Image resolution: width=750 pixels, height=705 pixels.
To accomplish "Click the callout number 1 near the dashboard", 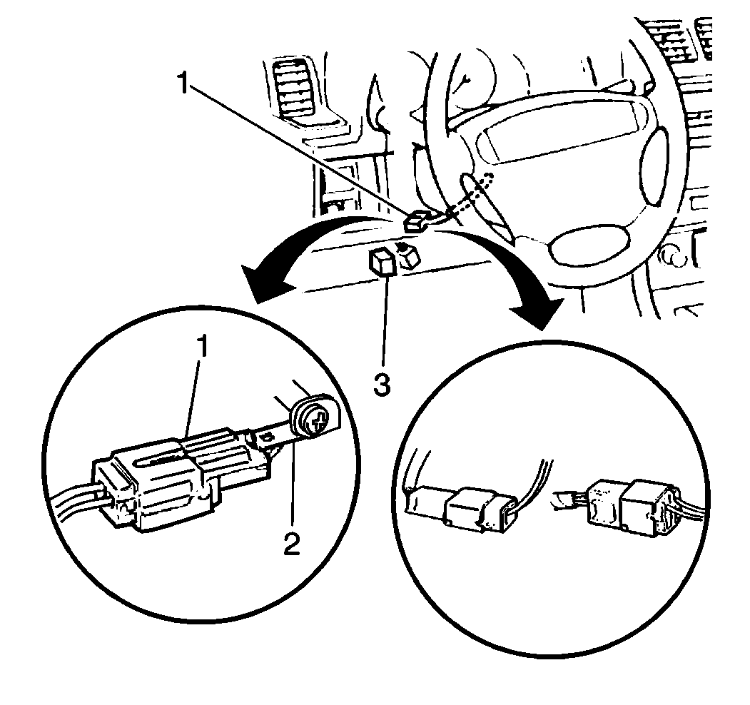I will (183, 86).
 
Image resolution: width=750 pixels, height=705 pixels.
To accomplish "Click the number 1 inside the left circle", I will (203, 347).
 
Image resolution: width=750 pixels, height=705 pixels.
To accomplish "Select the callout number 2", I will (290, 544).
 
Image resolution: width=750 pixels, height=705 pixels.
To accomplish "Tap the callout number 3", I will (382, 385).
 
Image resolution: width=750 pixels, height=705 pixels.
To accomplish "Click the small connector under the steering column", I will (417, 221).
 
